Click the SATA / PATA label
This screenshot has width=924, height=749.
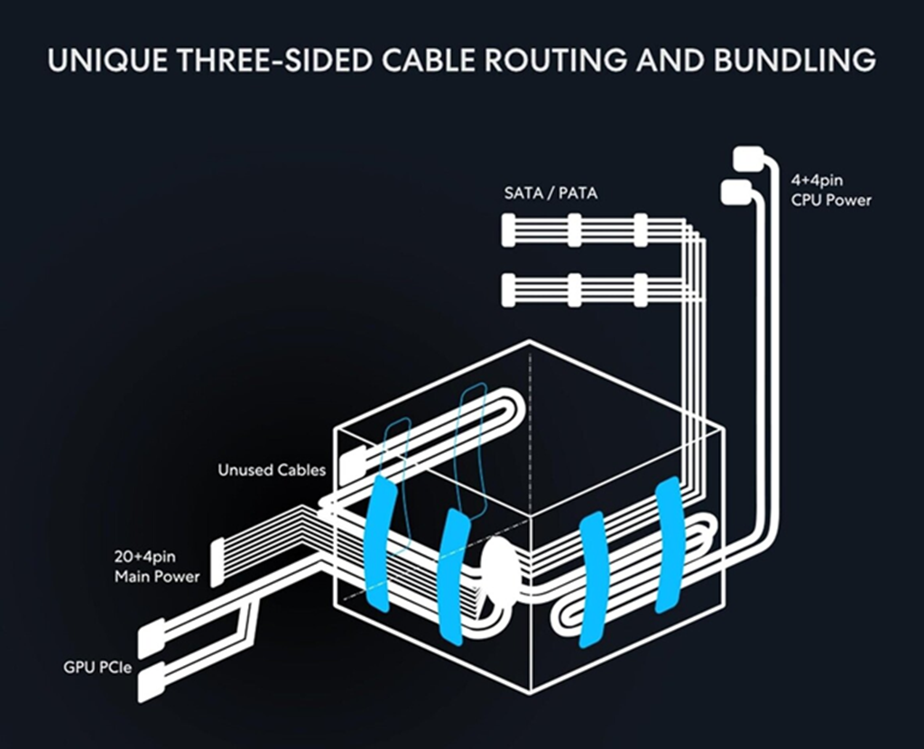tap(550, 193)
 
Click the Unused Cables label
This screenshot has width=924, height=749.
tap(271, 470)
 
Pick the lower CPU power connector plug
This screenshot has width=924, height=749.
tap(735, 191)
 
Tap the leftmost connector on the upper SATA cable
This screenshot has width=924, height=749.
tap(508, 230)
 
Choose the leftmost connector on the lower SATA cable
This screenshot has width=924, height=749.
tap(508, 290)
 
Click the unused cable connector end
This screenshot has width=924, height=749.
tap(351, 462)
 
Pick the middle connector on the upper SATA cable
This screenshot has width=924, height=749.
tap(574, 230)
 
